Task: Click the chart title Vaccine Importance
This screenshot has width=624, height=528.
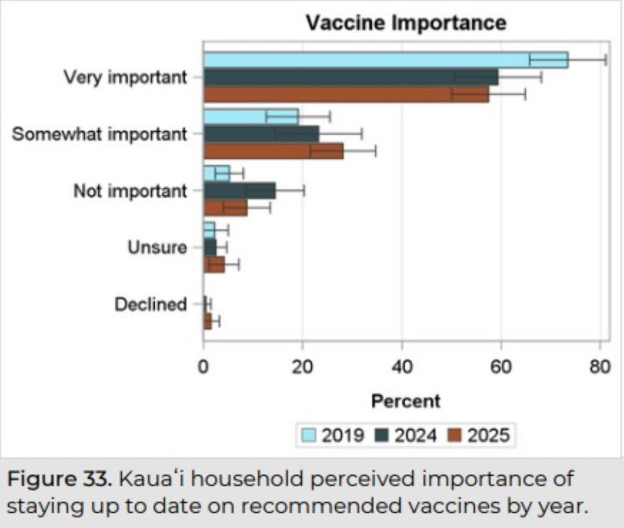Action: [406, 23]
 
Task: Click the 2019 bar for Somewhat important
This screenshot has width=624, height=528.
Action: [250, 116]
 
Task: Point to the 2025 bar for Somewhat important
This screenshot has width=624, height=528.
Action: [273, 151]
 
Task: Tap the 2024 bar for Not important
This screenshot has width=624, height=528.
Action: [239, 191]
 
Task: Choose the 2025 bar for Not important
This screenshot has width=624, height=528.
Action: [225, 208]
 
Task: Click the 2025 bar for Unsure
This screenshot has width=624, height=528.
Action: [214, 265]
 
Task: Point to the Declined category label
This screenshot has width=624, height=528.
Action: [151, 304]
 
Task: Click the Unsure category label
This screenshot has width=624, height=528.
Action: [157, 248]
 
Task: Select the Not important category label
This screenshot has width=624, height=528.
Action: [130, 191]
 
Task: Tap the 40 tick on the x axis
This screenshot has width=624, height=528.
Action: [402, 368]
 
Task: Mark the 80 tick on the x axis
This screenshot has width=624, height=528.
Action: [600, 368]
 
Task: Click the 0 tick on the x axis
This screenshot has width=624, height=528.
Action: [204, 368]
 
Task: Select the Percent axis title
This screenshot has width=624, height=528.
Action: [405, 401]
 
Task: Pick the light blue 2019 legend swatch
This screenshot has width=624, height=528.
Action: [310, 435]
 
